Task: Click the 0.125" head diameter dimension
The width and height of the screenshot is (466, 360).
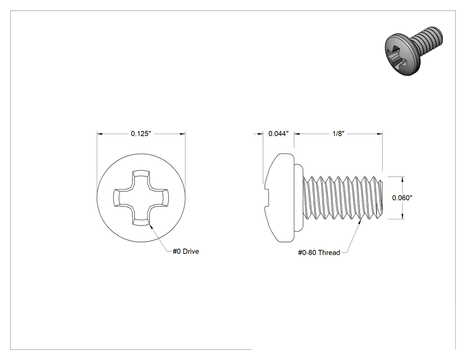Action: click(141, 134)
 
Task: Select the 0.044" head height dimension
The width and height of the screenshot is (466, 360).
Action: click(278, 134)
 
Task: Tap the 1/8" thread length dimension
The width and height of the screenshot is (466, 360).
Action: click(338, 134)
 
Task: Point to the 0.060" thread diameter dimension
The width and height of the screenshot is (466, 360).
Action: click(402, 198)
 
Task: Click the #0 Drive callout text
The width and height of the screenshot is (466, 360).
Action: click(186, 252)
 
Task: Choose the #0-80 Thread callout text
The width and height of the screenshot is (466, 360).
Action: click(319, 253)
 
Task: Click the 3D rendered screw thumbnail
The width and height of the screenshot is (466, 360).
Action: click(414, 51)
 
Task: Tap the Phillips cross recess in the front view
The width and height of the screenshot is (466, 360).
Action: click(141, 198)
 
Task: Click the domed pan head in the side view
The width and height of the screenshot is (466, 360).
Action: click(279, 198)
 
